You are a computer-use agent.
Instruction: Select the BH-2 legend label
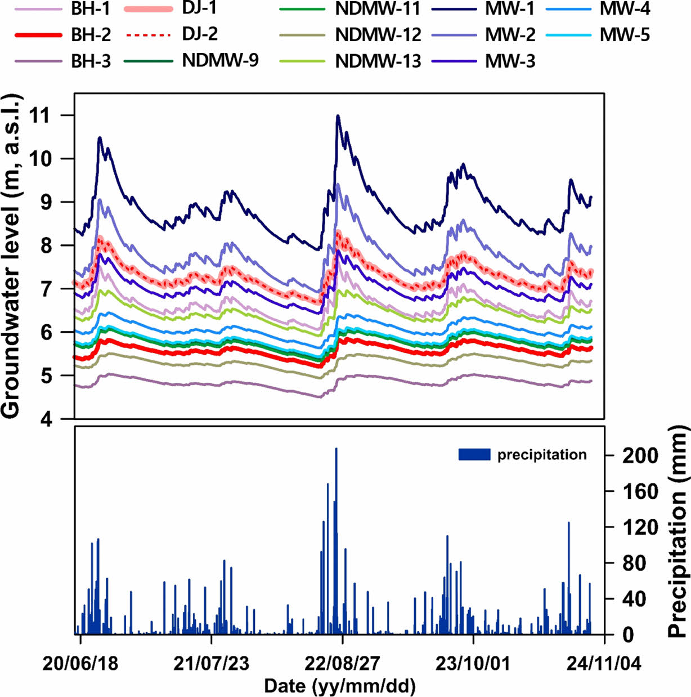pos(91,35)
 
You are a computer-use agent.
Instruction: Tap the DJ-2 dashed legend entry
pos(200,34)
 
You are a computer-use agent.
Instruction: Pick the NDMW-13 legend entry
pos(378,61)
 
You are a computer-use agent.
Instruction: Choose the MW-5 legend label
pos(625,35)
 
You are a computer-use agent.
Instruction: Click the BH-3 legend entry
pos(91,61)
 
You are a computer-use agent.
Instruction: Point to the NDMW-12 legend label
pos(378,35)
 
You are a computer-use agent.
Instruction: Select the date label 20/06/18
pos(80,664)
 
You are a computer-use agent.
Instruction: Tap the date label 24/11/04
pos(604,664)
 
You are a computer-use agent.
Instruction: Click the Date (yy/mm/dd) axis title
pos(340,686)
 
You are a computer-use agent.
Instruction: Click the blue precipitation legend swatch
pos(474,454)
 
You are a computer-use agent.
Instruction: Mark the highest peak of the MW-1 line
pos(338,115)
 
